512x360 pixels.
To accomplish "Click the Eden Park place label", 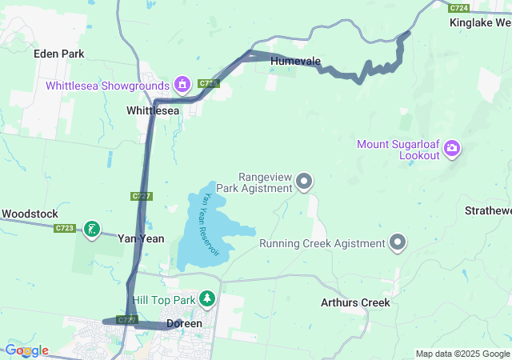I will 59,54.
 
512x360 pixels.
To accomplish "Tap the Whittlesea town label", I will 153,111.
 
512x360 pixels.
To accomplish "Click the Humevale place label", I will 295,62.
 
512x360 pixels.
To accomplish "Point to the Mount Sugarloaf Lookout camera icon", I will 453,147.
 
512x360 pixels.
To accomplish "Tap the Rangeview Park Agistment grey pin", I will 304,182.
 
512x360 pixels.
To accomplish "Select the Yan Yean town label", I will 141,238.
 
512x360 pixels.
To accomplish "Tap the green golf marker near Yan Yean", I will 93,230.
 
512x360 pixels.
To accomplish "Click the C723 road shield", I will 65,229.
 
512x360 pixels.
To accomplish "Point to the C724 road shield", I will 458,7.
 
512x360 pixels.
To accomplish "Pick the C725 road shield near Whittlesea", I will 209,83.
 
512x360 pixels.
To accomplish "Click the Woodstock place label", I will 30,214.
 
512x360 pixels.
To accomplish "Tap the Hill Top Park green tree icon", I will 208,299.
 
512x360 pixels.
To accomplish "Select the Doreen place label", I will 183,324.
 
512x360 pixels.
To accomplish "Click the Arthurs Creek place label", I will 355,303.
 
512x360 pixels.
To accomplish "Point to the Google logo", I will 26,350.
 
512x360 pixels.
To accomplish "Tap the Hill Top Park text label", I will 164,300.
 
